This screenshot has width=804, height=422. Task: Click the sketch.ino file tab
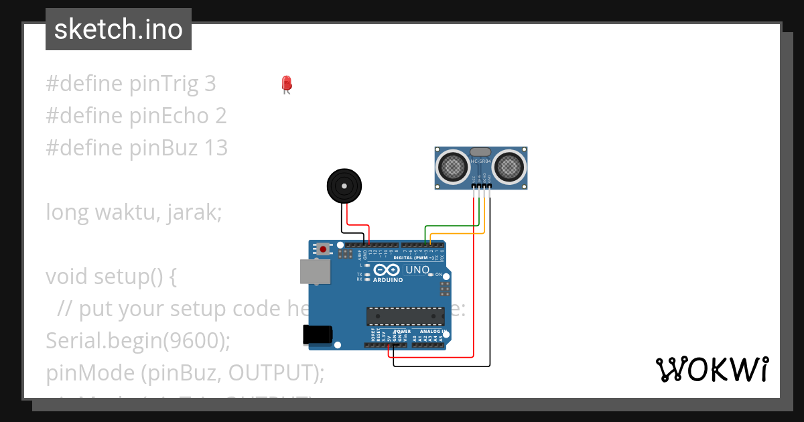coord(119,29)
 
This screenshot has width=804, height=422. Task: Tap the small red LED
coord(287,84)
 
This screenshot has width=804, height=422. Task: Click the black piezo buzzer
coord(343,185)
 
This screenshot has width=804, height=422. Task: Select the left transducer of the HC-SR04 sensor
coord(454,166)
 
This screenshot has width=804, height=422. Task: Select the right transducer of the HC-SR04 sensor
coord(511,166)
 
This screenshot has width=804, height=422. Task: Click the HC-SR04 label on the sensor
coord(481,161)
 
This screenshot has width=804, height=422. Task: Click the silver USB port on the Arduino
coord(315,271)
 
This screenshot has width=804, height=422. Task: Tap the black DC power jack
coord(318,334)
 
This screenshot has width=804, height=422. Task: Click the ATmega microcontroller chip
coord(405,317)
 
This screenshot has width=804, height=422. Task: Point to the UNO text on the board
coord(417,269)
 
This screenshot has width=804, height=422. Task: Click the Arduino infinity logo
coord(387,270)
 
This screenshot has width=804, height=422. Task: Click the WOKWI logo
coord(712,370)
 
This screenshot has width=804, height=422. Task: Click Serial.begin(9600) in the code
coord(137,340)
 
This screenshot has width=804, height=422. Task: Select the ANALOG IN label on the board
coord(432,332)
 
